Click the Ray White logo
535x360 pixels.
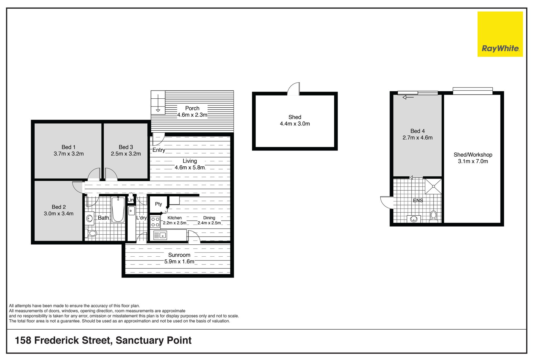pos(500,34)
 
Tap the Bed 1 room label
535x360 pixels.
pos(69,147)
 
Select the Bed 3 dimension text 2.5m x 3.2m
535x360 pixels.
pos(126,154)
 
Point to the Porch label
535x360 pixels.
pos(192,108)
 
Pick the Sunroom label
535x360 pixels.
pos(179,255)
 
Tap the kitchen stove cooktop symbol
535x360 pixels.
pos(155,222)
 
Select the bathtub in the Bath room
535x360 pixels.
pos(118,210)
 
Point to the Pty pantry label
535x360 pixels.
pos(158,204)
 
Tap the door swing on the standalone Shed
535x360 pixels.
pos(294,89)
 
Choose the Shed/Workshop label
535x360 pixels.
pos(473,155)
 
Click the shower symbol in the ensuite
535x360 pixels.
pos(433,186)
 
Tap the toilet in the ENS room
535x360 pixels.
pos(433,217)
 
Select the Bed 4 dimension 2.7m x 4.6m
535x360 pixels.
pos(417,138)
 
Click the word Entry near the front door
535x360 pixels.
pos(159,150)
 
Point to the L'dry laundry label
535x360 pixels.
pos(141,218)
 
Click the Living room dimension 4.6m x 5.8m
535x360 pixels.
pos(190,167)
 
